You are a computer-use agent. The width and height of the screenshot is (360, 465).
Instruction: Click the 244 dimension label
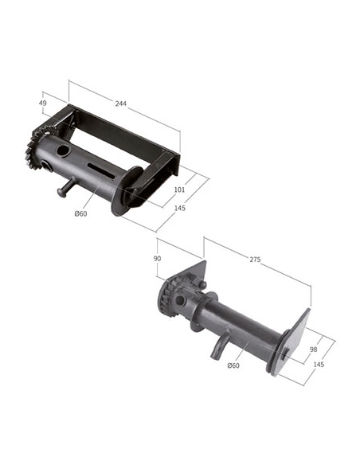tap(121, 104)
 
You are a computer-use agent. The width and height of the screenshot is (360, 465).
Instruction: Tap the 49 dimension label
tap(43, 103)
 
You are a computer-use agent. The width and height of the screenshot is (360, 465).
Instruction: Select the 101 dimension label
tap(179, 190)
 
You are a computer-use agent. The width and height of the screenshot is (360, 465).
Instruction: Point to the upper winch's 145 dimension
tap(180, 208)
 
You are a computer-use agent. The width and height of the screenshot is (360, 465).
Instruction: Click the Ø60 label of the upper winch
tap(80, 213)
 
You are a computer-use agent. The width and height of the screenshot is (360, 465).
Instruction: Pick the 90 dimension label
tap(157, 258)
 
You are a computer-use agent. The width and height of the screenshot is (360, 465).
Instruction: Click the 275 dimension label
tap(255, 260)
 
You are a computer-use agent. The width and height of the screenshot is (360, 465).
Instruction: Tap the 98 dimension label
tap(314, 350)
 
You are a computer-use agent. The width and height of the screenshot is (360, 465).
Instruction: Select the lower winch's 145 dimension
tap(319, 364)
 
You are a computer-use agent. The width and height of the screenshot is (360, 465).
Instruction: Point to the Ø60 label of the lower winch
tap(233, 365)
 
